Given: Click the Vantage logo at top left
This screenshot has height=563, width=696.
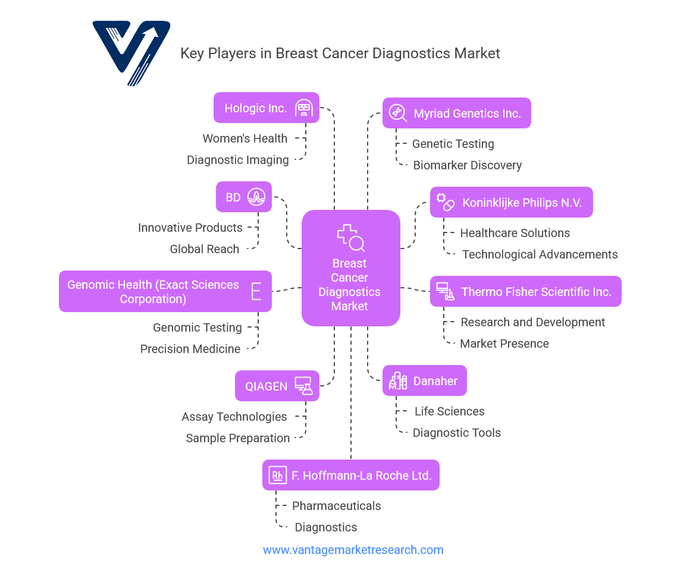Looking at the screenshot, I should coord(132,52).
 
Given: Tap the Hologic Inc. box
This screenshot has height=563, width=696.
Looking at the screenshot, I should coord(266,108).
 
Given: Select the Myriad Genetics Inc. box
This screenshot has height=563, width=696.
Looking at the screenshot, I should coord(456,113).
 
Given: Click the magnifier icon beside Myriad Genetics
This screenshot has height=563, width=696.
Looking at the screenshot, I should coord(398,113).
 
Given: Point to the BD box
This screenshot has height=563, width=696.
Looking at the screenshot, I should coord(244,197).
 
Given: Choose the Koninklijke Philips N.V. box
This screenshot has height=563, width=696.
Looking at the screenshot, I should coord(511,202).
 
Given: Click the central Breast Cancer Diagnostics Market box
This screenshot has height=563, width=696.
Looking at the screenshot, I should coord(350,268).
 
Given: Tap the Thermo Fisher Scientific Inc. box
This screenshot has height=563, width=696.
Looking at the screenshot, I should coord(525,291).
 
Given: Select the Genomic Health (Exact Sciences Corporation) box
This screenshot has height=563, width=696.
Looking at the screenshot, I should coord(165,291).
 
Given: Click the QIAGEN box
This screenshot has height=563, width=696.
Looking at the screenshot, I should coord(277,386).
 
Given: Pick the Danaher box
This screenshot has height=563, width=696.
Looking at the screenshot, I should coord(424,380).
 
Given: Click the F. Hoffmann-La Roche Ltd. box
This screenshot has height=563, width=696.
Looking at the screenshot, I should coord(350,475).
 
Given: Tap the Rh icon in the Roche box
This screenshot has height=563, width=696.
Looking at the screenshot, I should coord(277,475).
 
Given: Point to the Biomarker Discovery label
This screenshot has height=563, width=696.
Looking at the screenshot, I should coord(468,165).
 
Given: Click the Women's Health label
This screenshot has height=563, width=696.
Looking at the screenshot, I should coord(245,139).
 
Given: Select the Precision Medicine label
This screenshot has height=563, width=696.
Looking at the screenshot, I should coord(190,349).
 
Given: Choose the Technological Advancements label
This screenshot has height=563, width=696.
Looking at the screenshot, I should coord(540,254).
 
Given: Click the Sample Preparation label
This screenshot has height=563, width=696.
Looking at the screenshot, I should coord(238,438).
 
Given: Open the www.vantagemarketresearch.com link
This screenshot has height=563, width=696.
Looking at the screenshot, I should coord(353,550).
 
